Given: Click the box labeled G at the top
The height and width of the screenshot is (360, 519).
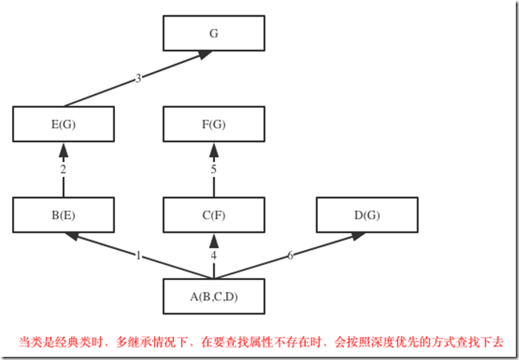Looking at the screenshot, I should click(213, 34).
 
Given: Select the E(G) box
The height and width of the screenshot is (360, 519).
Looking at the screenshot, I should click(64, 124).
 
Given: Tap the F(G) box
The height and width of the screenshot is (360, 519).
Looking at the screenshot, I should click(213, 124).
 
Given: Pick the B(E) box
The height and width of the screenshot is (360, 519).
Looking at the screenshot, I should click(64, 214).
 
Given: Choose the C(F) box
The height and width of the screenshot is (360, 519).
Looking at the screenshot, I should click(213, 214).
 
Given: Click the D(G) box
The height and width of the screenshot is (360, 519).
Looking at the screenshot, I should click(366, 214).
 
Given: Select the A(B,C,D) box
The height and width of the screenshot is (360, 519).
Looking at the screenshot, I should click(213, 297).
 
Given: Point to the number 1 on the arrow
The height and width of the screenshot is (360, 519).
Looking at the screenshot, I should click(138, 255).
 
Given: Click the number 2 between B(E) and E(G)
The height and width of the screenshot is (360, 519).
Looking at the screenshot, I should click(63, 169).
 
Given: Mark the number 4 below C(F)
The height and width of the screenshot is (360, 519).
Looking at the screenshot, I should click(213, 255).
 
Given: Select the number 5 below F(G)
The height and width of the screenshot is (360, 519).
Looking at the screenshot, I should click(213, 169).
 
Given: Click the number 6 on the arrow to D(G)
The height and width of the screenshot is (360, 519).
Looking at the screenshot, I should click(290, 255).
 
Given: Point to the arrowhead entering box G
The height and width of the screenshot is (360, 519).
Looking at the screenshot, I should click(205, 55).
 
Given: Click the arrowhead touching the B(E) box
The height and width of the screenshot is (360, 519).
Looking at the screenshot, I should click(72, 235).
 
